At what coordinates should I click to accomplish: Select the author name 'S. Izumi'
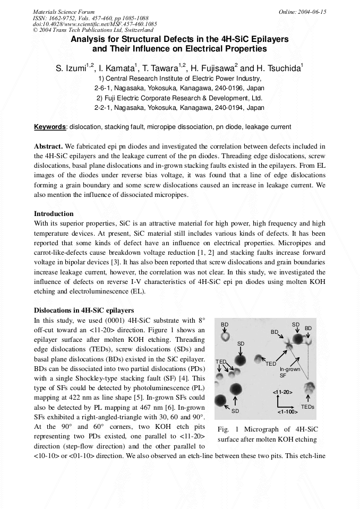[72, 68]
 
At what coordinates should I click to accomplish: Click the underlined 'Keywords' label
[50, 127]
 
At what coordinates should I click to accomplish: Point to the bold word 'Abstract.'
[48, 146]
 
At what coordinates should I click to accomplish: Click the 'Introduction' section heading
[54, 213]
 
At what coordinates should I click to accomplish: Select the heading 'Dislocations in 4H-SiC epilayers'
[84, 310]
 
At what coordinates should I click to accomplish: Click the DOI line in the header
[95, 24]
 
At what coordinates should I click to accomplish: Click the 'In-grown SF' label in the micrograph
[290, 372]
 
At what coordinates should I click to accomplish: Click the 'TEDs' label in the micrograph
[307, 407]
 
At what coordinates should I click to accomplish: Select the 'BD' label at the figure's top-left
[225, 324]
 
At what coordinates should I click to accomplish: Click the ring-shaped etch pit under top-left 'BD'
[225, 337]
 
